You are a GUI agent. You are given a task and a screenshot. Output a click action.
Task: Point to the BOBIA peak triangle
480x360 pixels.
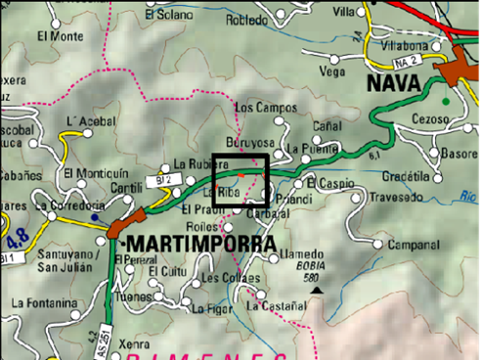(315, 290)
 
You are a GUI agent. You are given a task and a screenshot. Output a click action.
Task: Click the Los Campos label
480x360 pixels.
(258, 107)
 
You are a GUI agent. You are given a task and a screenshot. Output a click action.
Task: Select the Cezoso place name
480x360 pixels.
(430, 119)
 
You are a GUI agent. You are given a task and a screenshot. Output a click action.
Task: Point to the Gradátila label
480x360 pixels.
(408, 176)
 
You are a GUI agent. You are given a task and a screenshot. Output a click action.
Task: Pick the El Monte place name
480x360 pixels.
(60, 36)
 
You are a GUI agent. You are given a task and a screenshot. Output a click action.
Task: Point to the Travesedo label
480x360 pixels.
(397, 195)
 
